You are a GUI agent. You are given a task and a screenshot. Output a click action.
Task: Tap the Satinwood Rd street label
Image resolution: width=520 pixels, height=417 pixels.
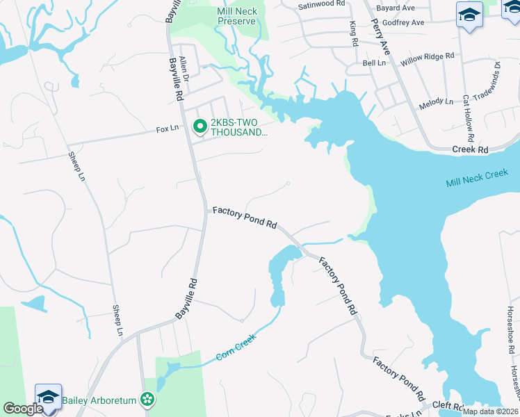[320, 3]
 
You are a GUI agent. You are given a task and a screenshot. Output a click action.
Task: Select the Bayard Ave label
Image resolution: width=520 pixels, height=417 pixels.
[396, 8]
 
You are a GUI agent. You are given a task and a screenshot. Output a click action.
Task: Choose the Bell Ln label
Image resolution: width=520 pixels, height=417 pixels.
[374, 63]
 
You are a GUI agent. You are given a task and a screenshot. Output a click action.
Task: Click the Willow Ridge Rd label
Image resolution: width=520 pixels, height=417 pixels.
[427, 56]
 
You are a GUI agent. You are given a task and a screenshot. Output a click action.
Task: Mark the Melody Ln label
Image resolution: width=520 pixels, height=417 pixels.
[436, 103]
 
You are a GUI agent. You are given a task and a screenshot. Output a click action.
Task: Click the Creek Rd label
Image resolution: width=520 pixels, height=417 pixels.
[471, 149]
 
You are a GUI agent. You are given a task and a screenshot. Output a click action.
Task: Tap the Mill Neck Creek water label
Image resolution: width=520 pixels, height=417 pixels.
[477, 179]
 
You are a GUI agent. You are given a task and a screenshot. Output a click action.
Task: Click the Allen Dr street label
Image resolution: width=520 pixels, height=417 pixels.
[184, 68]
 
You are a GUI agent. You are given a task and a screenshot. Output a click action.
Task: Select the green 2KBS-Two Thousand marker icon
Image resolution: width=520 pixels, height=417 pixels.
[199, 126]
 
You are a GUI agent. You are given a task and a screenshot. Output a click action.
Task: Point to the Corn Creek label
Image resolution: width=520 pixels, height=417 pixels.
[236, 346]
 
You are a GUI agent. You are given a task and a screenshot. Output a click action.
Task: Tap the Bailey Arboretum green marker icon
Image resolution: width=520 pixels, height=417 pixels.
[147, 399]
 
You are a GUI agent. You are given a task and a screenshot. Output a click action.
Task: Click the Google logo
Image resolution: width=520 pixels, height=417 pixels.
[22, 409]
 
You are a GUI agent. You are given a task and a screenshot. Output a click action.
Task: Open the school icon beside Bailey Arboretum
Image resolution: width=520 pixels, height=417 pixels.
[48, 397]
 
